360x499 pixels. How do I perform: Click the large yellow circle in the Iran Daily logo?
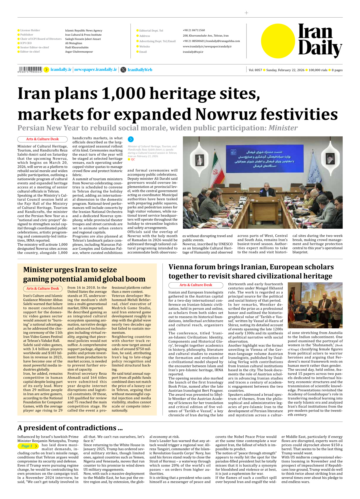pos(278,41)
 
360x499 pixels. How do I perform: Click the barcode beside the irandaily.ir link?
pos(30,69)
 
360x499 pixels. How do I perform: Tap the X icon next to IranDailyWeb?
pos(123,70)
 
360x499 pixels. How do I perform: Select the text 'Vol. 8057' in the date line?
pos(255,70)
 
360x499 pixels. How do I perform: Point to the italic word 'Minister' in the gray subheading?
pos(283,128)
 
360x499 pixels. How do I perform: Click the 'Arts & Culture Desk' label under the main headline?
pos(42,139)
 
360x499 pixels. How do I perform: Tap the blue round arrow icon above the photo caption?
pos(131,139)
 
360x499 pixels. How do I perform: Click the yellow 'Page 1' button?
pos(28,446)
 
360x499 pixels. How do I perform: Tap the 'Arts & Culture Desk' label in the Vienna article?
pos(196,285)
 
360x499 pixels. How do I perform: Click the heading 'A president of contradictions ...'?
pos(70,428)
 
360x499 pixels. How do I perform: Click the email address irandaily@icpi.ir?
pos(193,52)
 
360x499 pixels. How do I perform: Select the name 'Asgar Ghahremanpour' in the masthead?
pos(79,52)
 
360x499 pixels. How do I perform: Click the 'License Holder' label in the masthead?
pos(30,30)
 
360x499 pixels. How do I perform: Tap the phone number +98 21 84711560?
pos(194,30)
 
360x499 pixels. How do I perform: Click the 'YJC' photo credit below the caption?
pos(133,159)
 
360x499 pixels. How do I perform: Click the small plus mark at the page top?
pos(246,13)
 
